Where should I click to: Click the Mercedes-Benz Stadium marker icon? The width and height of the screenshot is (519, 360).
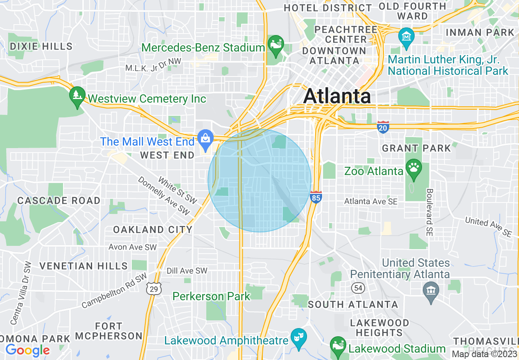point(275,43)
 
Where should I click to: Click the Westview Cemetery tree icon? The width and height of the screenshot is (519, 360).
point(77,96)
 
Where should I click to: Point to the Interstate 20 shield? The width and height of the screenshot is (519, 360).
point(383,127)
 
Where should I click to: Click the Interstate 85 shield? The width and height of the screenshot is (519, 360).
point(316,197)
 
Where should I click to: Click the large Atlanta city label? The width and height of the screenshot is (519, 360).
point(337,97)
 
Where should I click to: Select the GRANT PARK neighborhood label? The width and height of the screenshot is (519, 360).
point(416,148)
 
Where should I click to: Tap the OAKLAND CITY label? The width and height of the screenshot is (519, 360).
point(153,229)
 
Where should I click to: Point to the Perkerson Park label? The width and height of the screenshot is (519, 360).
point(211,296)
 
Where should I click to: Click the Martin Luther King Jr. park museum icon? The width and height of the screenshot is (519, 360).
point(407,36)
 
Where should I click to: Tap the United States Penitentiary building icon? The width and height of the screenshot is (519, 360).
point(431,291)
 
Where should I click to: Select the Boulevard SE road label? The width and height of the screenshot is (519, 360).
point(429,212)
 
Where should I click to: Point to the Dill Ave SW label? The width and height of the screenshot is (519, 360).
point(187,271)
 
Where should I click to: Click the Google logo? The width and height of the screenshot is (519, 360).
point(27,350)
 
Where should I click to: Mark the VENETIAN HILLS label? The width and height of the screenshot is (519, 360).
point(83,266)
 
